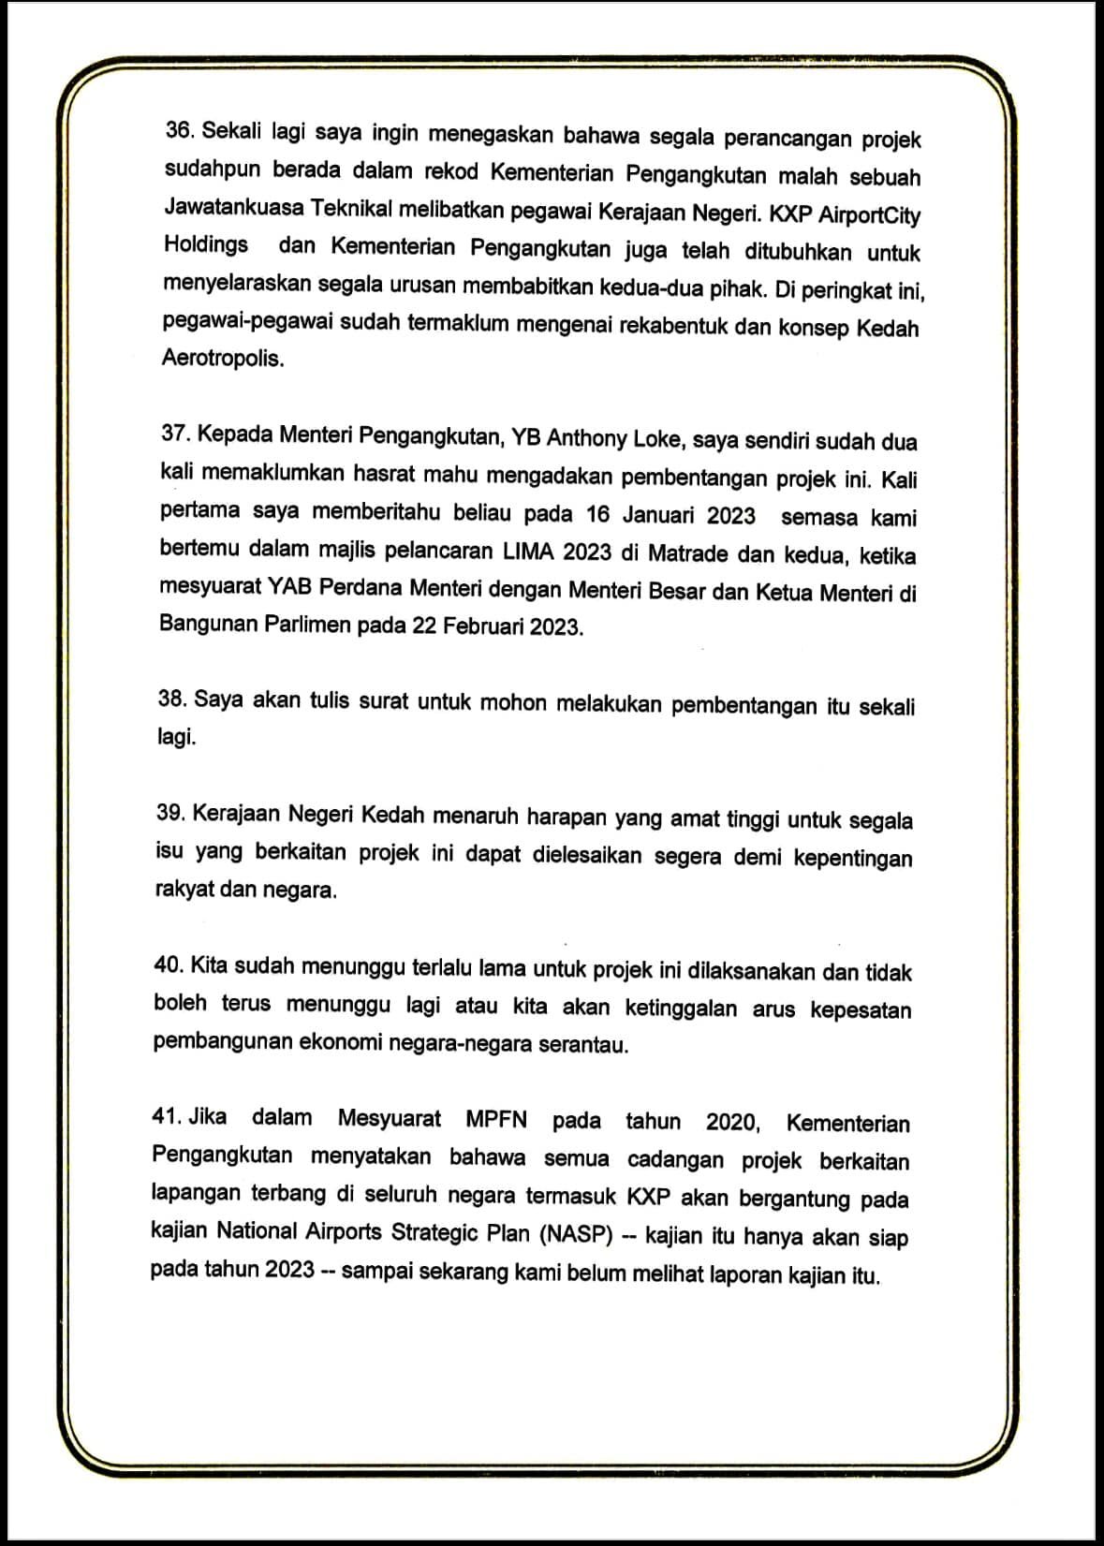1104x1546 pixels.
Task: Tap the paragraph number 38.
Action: click(172, 699)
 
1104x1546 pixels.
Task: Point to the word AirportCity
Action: click(870, 215)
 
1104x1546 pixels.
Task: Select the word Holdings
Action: click(206, 244)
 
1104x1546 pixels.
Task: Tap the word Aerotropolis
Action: click(222, 359)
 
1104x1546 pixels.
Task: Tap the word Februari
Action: click(483, 626)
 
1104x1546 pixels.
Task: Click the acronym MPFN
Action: click(496, 1119)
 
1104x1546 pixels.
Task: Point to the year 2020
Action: click(730, 1121)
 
